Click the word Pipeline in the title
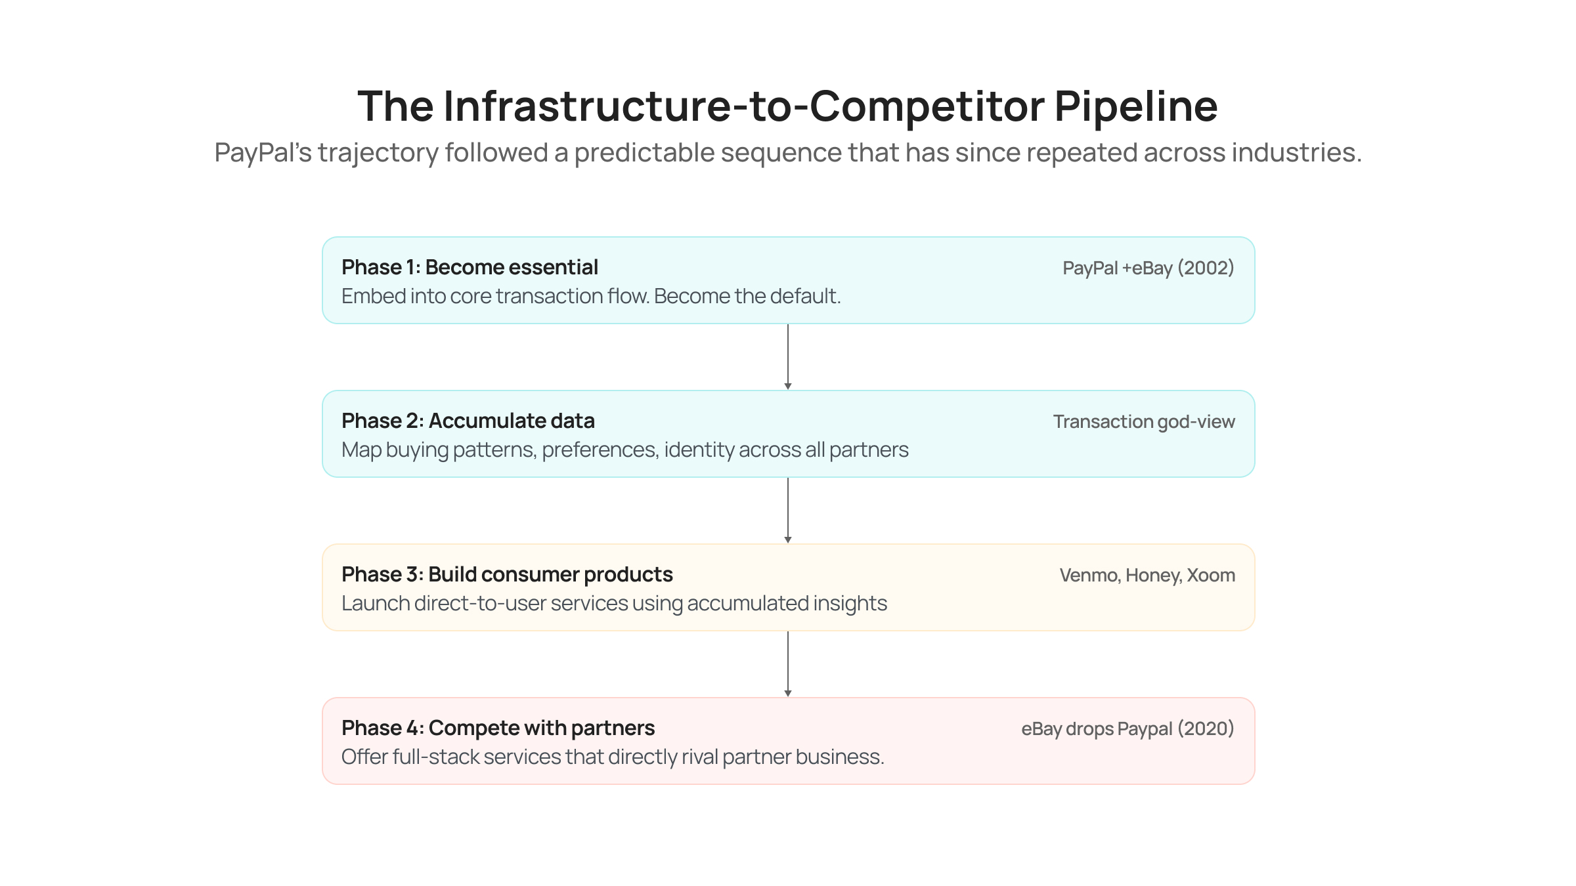click(1135, 106)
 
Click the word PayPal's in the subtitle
click(262, 153)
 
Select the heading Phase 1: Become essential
click(470, 268)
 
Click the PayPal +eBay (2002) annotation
click(1148, 268)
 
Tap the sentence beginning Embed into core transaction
click(590, 297)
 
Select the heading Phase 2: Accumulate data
click(468, 421)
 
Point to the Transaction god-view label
click(1143, 422)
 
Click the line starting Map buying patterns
click(624, 450)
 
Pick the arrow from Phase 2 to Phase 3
click(788, 510)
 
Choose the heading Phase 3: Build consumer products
click(507, 575)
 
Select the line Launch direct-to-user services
click(614, 604)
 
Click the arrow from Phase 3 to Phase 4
click(788, 664)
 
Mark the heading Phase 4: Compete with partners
click(498, 728)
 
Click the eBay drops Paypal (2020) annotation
click(1127, 729)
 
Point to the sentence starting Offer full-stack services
click(612, 757)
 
